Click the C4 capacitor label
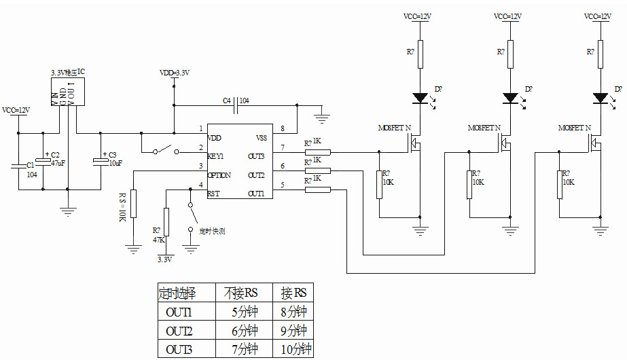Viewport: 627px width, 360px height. click(x=227, y=101)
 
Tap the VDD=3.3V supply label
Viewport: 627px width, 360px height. click(x=174, y=73)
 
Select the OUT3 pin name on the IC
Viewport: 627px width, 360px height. click(x=255, y=156)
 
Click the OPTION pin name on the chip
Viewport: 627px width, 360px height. click(x=219, y=175)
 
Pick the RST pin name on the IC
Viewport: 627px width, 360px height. click(x=213, y=194)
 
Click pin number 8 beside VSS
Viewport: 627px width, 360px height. click(x=282, y=128)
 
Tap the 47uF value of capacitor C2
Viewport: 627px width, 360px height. click(x=58, y=164)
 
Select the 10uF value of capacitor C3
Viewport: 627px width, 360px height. click(x=115, y=164)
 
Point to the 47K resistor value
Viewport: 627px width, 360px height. click(x=157, y=239)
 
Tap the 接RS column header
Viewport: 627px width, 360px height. click(x=293, y=293)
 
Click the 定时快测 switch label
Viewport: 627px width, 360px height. click(x=212, y=231)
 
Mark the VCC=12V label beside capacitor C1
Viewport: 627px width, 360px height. click(x=16, y=110)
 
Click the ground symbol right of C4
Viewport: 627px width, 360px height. click(x=322, y=117)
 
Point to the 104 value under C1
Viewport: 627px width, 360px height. click(x=32, y=175)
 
